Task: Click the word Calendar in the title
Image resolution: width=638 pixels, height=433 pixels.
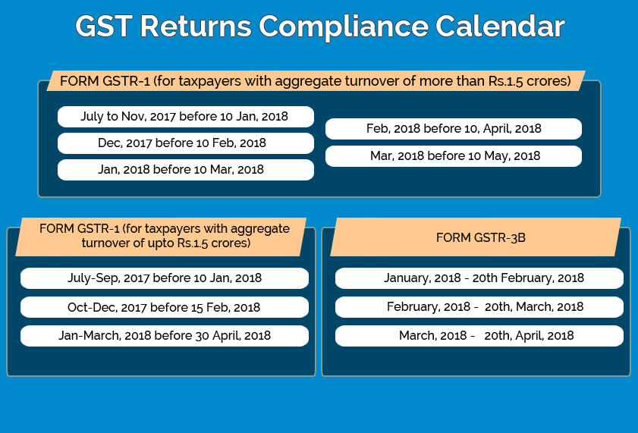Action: (x=500, y=27)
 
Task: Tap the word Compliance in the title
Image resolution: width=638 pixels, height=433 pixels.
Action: (x=344, y=27)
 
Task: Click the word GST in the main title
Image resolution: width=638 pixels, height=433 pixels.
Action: (x=103, y=27)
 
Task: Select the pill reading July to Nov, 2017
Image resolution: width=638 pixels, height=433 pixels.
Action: (x=186, y=117)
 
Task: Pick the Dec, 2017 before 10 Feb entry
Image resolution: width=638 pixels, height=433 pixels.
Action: (x=186, y=143)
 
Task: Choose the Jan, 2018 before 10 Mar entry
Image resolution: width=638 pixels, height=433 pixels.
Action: (x=186, y=170)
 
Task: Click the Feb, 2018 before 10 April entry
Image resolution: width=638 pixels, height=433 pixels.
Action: (x=453, y=129)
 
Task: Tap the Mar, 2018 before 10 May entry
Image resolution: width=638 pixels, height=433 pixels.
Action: (x=453, y=156)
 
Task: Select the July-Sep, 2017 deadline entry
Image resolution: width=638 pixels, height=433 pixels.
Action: (x=165, y=278)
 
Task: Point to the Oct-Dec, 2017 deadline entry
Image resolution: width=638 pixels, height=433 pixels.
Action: (x=165, y=307)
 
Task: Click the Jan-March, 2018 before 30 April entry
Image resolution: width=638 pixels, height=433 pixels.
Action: (x=165, y=336)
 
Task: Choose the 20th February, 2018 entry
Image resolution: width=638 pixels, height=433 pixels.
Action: (x=479, y=278)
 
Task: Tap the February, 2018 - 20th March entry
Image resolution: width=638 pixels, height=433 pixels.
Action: (x=479, y=307)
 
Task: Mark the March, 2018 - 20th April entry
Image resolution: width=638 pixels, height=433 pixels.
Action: (x=479, y=336)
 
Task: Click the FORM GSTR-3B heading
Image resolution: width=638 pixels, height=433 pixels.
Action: (x=480, y=237)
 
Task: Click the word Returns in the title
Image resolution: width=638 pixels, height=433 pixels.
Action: (x=196, y=27)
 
